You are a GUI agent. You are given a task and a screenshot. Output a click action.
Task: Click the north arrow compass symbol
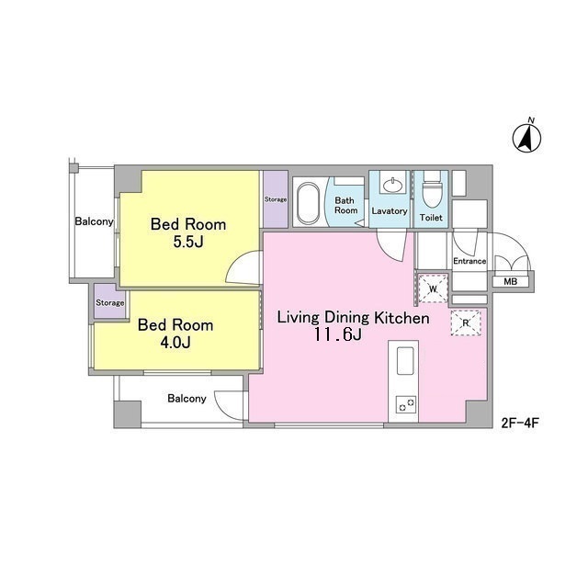[x=526, y=138]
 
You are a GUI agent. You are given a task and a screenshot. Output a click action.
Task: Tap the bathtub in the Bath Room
[x=308, y=203]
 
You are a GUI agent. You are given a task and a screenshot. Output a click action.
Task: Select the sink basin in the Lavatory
[x=392, y=185]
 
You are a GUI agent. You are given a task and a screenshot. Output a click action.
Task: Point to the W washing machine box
[x=433, y=288]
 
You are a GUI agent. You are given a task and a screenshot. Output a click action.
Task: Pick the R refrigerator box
[x=466, y=322]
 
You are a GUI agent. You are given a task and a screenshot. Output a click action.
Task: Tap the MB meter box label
[x=511, y=282]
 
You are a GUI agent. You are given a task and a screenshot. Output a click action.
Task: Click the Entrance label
[x=469, y=261]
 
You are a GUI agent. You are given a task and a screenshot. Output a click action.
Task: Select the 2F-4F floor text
[x=520, y=423]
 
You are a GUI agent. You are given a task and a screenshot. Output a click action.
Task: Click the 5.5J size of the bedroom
[x=188, y=242]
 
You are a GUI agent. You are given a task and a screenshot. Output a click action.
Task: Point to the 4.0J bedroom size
[x=175, y=342]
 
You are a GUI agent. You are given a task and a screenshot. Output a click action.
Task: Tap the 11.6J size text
[x=338, y=334]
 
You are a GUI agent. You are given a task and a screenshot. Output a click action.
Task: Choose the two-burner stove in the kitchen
[x=406, y=404]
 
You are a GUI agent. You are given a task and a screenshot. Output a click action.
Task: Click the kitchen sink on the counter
[x=405, y=361]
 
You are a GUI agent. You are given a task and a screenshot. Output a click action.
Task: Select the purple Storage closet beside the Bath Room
[x=276, y=199]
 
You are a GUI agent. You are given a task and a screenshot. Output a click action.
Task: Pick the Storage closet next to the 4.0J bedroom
[x=110, y=302]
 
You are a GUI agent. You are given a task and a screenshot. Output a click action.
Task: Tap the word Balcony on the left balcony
[x=94, y=221]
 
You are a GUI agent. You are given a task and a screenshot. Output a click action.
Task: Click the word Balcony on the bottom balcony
[x=187, y=398]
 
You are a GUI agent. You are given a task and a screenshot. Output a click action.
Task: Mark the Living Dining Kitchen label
[x=353, y=318]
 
